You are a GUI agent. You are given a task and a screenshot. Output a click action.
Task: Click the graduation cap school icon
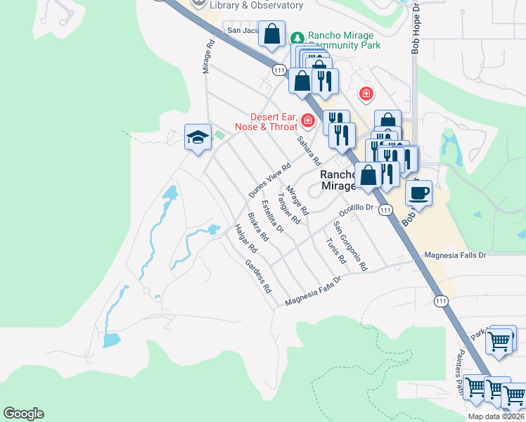198,136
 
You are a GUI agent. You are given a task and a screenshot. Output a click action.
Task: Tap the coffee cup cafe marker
418,193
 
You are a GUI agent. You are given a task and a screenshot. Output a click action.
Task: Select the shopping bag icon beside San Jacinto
271,34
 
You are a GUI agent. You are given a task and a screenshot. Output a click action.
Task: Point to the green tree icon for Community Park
297,37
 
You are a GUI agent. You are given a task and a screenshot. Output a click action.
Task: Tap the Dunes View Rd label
269,181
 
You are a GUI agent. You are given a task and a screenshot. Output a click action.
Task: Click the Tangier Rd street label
290,205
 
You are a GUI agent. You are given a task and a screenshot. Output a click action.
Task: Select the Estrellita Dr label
271,217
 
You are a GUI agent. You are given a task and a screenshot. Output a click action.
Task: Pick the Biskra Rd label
258,226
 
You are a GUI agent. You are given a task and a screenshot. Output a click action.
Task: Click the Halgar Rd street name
247,238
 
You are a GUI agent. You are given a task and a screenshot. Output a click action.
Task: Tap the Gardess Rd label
258,276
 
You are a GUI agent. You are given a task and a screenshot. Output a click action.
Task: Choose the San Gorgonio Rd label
350,246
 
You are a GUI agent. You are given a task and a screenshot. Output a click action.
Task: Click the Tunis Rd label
336,250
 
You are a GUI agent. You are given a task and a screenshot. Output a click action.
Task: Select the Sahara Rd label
308,151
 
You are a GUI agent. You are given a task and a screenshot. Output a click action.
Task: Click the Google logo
23,414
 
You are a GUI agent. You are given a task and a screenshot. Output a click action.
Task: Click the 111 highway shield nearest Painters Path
440,300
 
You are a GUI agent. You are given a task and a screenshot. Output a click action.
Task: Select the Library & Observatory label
257,6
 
